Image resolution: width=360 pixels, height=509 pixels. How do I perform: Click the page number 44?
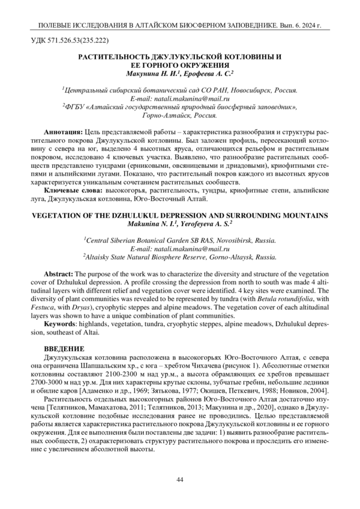click(x=179, y=478)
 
